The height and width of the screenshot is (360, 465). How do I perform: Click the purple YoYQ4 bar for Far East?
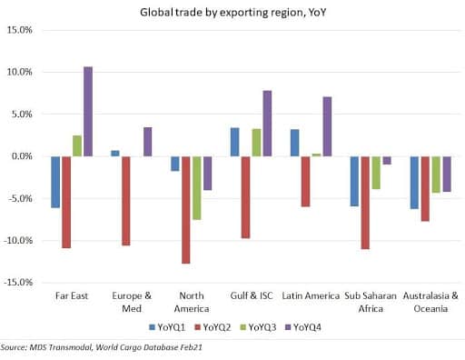[x=88, y=112]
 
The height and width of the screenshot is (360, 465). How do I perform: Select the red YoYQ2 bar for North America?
[x=186, y=210]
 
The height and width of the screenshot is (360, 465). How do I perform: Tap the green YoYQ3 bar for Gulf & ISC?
[x=256, y=143]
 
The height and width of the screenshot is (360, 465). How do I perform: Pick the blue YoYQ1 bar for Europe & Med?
[x=115, y=154]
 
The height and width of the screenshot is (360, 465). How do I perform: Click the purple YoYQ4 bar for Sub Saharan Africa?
[x=387, y=160]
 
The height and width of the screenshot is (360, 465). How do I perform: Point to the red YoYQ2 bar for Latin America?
[x=305, y=182]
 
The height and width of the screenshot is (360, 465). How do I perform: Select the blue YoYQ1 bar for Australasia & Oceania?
[x=414, y=183]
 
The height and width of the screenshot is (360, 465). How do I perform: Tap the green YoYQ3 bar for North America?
[x=197, y=188]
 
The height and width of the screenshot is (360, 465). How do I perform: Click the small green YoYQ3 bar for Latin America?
[x=316, y=155]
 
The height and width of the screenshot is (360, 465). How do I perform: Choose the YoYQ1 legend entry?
[x=167, y=327]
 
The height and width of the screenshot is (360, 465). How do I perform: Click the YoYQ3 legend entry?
[x=258, y=327]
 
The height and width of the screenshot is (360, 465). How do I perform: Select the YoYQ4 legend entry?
[x=303, y=327]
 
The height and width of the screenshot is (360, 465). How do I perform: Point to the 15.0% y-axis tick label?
[x=20, y=30]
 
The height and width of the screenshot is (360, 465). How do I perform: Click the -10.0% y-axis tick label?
[x=18, y=241]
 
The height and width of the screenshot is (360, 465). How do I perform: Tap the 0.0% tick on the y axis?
[x=22, y=156]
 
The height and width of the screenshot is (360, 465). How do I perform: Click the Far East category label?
[x=72, y=295]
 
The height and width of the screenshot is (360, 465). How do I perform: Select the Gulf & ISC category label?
[x=252, y=295]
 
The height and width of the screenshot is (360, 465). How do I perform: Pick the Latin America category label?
[x=311, y=295]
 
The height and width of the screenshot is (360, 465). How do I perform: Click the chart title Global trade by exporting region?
[x=233, y=13]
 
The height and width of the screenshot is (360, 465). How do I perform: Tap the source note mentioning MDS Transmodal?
[x=102, y=347]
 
